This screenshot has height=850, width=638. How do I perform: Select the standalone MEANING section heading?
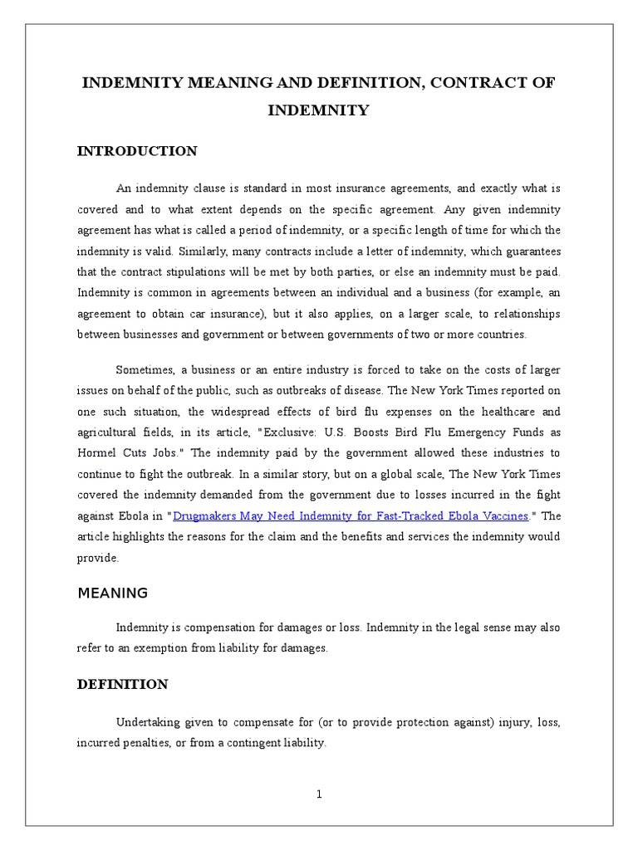(x=112, y=593)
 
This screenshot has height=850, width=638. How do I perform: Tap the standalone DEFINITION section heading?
(x=122, y=684)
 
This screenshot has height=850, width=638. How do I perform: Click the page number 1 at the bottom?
(x=319, y=794)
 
